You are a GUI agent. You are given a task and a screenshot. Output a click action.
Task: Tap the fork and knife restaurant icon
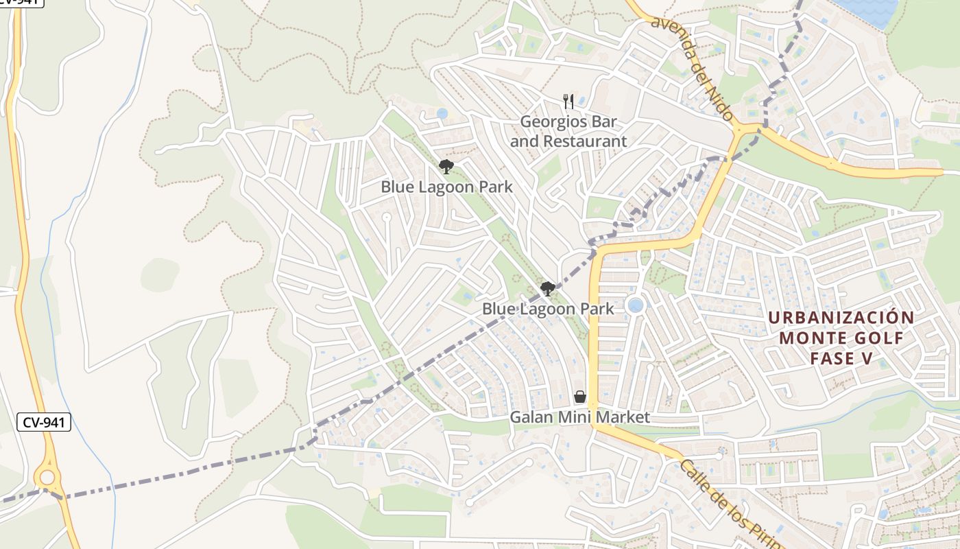568,102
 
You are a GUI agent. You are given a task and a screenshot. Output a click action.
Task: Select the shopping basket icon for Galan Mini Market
580,397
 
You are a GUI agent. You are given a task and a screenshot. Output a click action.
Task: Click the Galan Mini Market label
579,417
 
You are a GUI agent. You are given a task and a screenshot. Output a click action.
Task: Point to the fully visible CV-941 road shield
44,423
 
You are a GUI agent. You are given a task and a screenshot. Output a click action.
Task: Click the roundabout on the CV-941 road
47,477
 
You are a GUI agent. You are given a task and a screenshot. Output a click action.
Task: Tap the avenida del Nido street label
692,69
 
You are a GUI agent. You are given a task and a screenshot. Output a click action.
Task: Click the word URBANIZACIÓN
841,318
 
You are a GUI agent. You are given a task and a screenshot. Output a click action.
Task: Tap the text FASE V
841,359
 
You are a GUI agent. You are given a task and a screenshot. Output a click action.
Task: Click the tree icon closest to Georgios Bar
446,166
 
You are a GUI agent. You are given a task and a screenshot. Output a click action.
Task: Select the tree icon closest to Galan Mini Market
547,288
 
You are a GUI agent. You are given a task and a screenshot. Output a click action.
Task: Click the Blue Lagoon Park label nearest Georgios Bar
446,187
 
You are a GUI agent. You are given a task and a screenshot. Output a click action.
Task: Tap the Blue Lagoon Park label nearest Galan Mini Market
548,309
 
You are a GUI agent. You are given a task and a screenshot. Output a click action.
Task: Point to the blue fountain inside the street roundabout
636,305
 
